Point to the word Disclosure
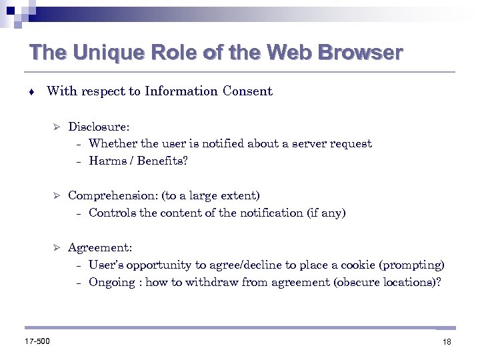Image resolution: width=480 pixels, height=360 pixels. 99,126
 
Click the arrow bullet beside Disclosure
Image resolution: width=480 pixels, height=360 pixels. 57,126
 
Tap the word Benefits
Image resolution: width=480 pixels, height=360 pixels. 163,161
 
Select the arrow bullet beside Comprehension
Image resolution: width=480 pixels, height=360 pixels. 57,195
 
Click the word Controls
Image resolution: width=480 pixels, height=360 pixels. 110,213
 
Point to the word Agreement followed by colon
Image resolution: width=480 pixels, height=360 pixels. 100,247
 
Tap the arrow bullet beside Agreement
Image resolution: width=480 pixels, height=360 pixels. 57,247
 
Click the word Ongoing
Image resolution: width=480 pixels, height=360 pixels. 111,282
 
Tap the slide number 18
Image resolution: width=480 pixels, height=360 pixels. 446,342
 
